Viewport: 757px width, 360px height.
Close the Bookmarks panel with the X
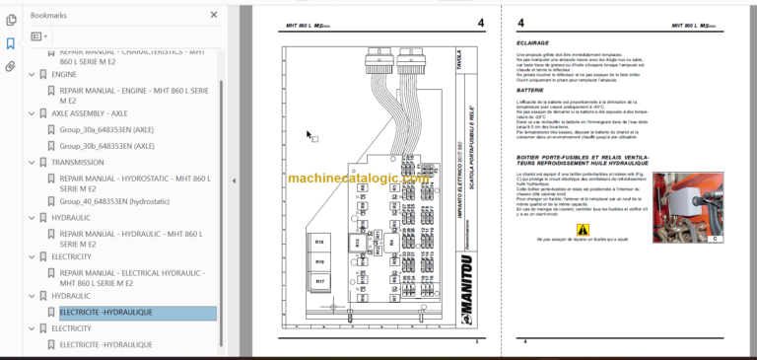click(x=214, y=16)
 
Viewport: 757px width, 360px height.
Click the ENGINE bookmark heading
click(x=64, y=74)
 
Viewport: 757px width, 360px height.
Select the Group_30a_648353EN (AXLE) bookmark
click(x=102, y=129)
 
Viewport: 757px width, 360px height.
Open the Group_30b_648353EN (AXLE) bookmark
click(x=102, y=146)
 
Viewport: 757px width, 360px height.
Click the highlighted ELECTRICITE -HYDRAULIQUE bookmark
click(x=106, y=313)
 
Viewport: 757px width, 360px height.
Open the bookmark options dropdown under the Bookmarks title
click(x=39, y=36)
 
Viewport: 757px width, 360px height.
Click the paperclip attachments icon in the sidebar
click(x=11, y=67)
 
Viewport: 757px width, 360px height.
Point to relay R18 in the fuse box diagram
click(x=320, y=242)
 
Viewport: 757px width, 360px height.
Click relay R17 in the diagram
click(x=320, y=281)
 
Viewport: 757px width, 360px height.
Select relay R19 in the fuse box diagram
click(x=320, y=261)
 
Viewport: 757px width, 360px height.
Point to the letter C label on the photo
click(x=715, y=238)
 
